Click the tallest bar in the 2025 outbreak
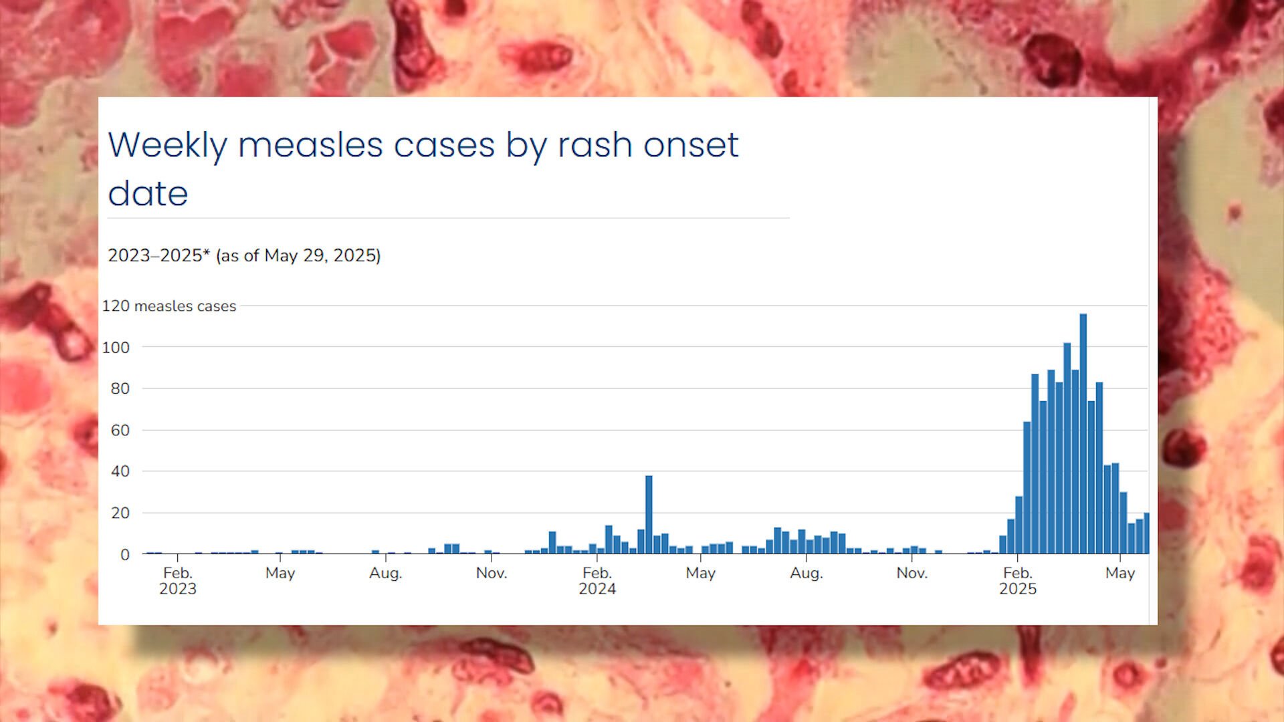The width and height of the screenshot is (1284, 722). (x=1083, y=434)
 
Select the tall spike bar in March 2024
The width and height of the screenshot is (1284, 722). (x=649, y=515)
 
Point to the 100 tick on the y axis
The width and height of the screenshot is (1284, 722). (x=116, y=348)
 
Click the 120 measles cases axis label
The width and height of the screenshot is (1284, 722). (x=169, y=306)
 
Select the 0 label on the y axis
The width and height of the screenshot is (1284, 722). (x=125, y=555)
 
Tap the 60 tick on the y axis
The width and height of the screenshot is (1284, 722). (x=120, y=431)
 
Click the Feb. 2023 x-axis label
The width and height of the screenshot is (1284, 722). (x=178, y=581)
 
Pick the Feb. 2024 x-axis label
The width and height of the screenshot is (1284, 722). (x=597, y=581)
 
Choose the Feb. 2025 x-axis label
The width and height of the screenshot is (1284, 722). (x=1018, y=581)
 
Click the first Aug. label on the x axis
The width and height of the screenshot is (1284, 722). (x=386, y=574)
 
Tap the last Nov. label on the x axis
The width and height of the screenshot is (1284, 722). (x=912, y=574)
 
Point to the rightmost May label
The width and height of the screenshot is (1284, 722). (x=1120, y=574)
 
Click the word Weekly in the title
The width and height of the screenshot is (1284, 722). (x=168, y=146)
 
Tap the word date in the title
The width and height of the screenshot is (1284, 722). (x=148, y=193)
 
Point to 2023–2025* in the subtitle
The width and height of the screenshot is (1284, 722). (x=159, y=255)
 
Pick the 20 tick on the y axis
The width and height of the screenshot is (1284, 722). (x=120, y=513)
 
